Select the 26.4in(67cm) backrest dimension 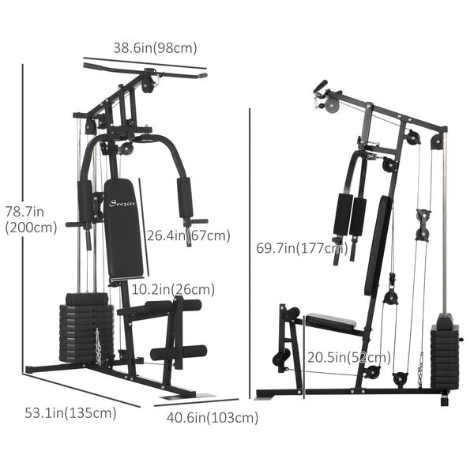(x=188, y=235)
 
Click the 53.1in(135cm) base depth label (x=70, y=412)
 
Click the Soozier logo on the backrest (x=121, y=202)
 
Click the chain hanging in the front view (x=99, y=346)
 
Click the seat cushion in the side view (x=332, y=321)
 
